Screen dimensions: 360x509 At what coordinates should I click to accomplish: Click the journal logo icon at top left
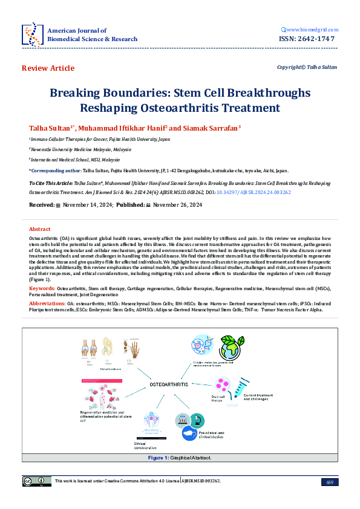(x=31, y=34)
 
